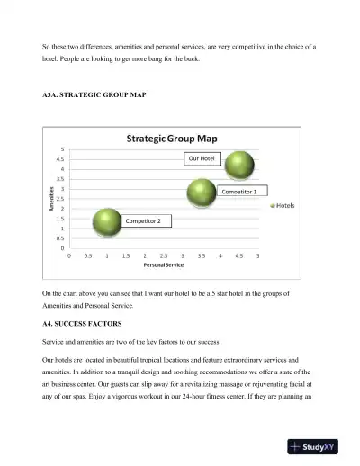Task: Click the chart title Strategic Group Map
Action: [177, 139]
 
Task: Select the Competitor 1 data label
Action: [244, 192]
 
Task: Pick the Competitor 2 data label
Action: [143, 220]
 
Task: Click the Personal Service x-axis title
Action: [164, 265]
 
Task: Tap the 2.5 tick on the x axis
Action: [164, 255]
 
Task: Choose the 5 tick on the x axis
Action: [257, 255]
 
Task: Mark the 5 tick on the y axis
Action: [62, 149]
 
